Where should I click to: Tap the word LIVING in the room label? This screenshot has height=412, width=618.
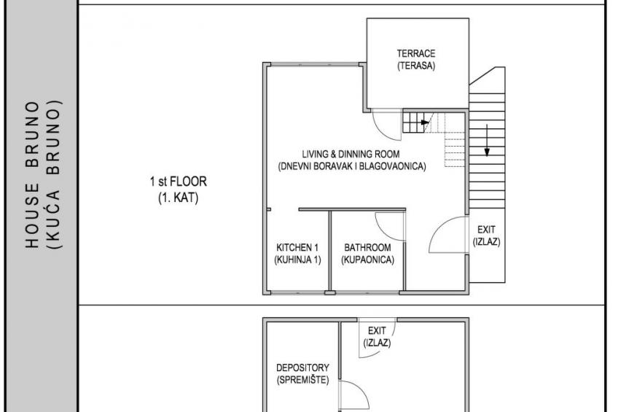[x=315, y=154]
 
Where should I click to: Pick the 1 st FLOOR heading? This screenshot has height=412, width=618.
[x=178, y=182]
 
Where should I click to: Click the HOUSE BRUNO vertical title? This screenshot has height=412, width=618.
[x=32, y=175]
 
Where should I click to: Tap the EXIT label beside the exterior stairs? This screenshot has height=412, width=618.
[x=486, y=230]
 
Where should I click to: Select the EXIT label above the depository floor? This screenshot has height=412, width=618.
[x=377, y=330]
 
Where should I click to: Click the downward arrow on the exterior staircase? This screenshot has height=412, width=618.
[x=487, y=140]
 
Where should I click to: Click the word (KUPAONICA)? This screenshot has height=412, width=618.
[x=368, y=260]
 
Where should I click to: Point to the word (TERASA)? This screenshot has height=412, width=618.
[x=416, y=66]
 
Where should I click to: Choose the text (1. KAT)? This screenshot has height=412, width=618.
[x=178, y=198]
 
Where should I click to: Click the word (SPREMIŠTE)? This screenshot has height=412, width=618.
[x=302, y=380]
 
